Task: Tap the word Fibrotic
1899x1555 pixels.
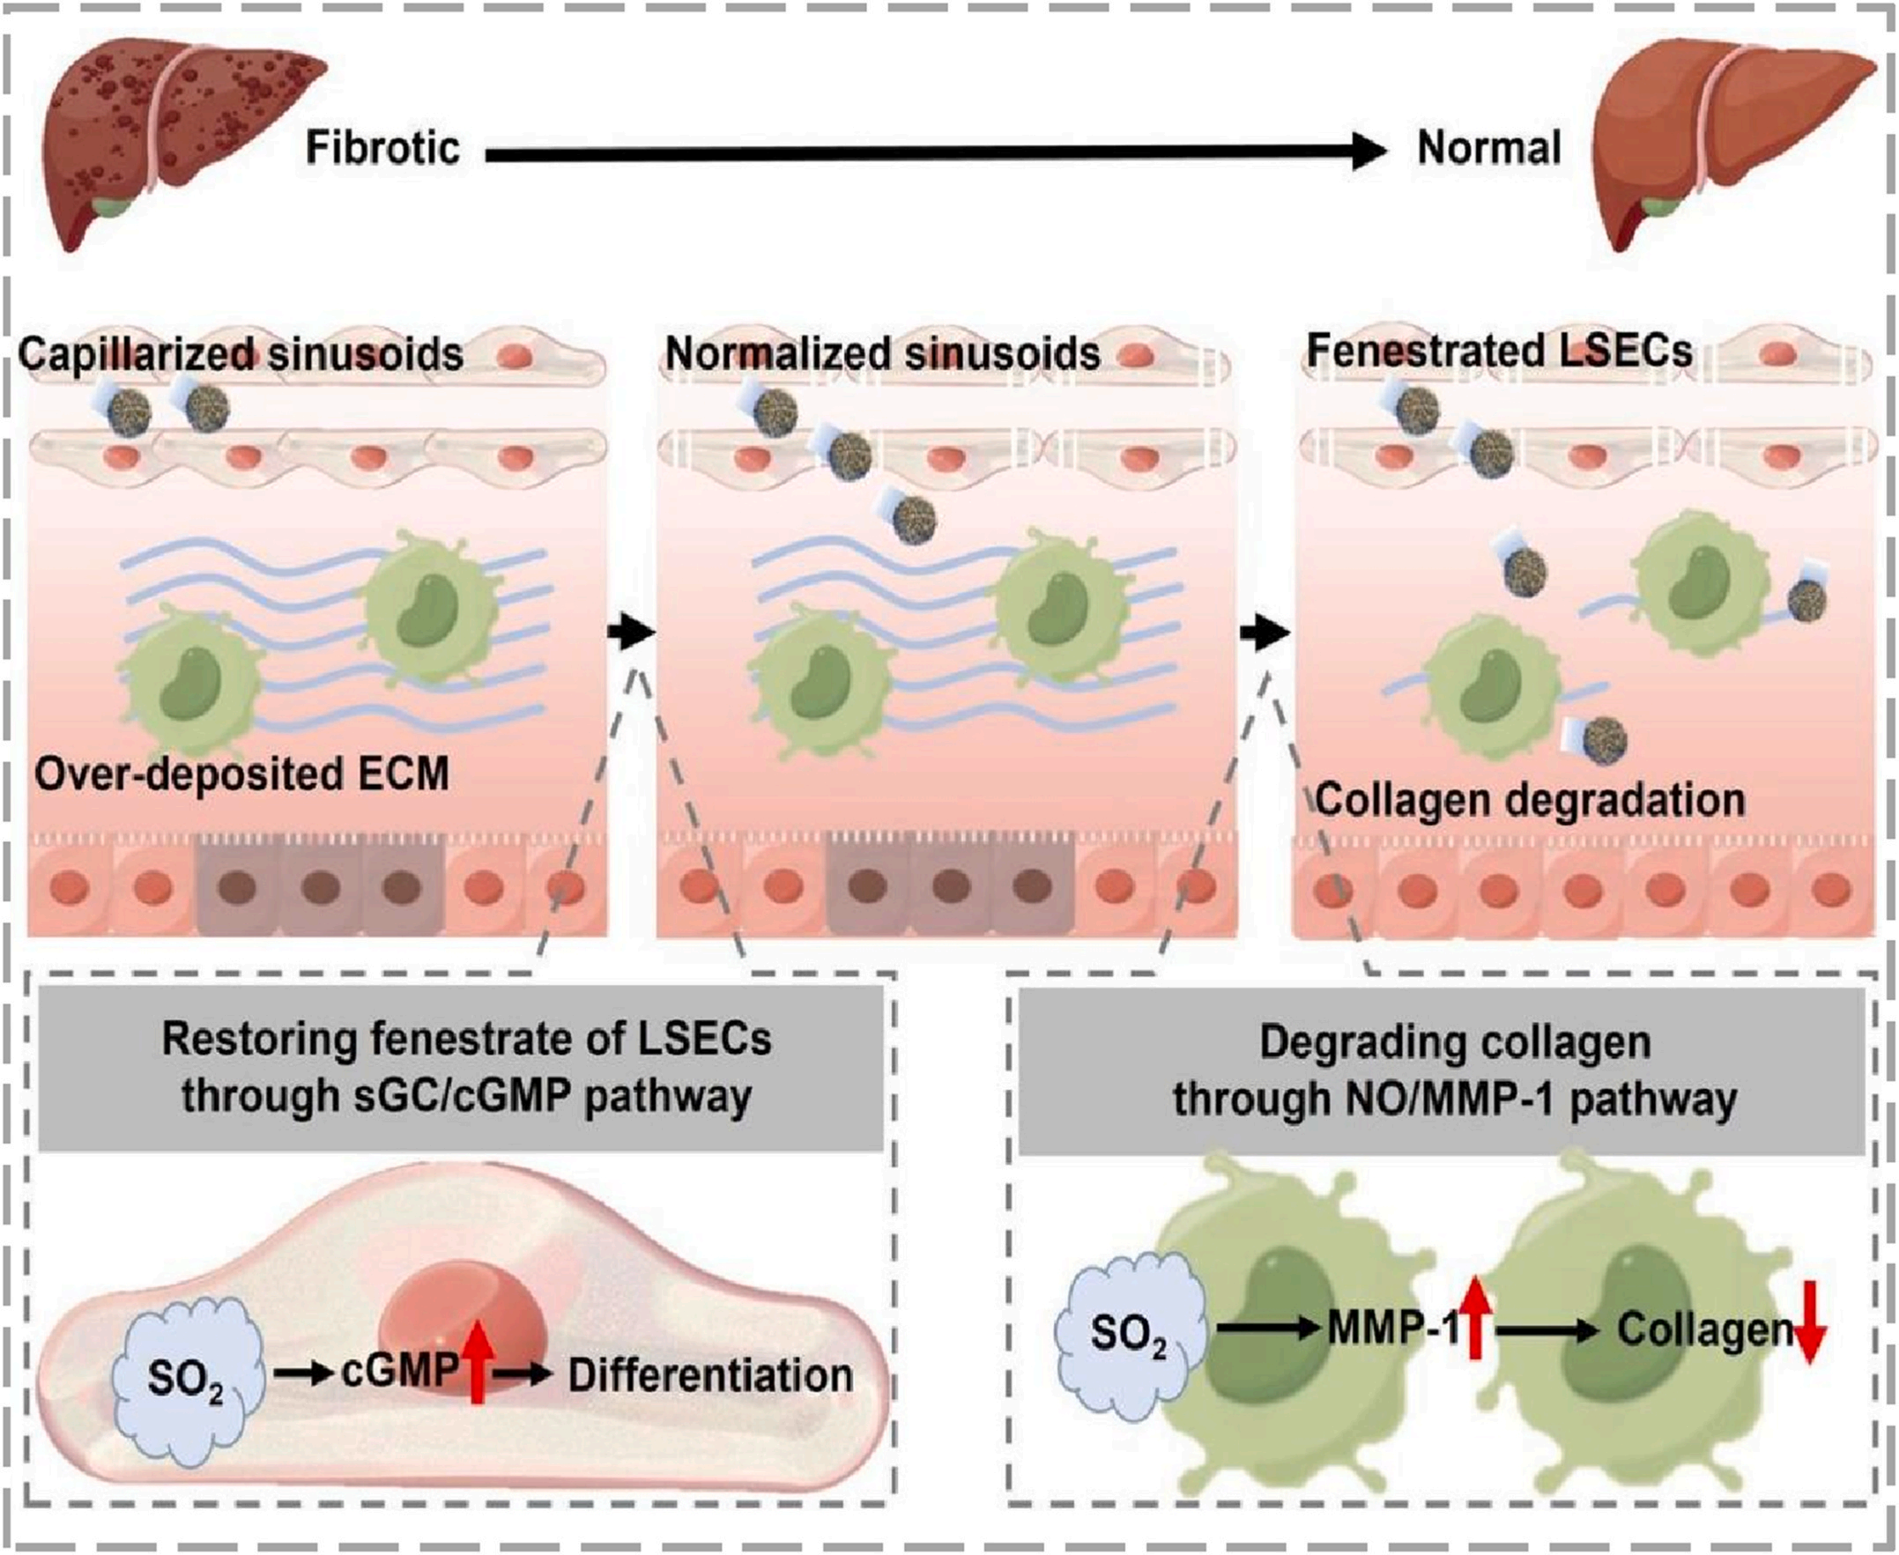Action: [x=382, y=148]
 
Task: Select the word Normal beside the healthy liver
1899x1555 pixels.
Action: [x=1488, y=148]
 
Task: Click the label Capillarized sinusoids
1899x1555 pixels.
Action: [x=240, y=355]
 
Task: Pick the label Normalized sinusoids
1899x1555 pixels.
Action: [x=882, y=355]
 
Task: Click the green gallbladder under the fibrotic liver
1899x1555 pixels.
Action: [x=112, y=208]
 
